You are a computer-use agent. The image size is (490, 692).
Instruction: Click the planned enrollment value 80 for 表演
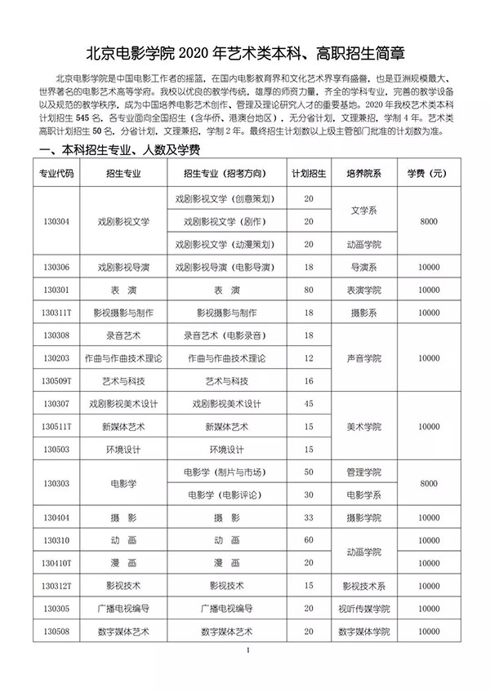click(309, 290)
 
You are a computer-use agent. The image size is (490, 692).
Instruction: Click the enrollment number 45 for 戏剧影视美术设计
click(309, 403)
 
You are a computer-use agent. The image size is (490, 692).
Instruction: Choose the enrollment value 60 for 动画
click(309, 540)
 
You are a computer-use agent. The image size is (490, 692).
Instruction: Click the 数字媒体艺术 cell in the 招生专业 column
click(121, 631)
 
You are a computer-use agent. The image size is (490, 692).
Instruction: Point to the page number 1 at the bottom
click(246, 650)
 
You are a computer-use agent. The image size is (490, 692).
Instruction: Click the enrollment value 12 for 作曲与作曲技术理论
click(309, 357)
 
